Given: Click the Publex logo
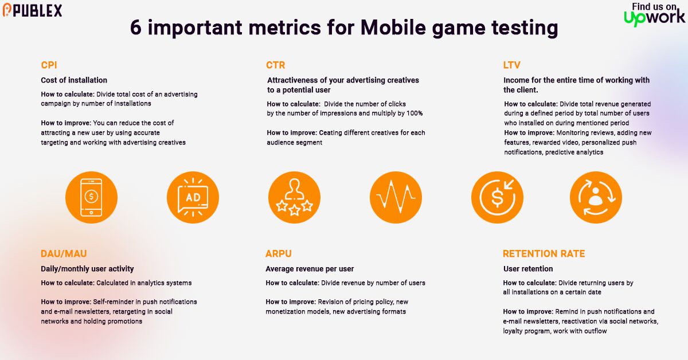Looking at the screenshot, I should (33, 10).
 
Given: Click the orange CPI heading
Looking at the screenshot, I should (49, 65).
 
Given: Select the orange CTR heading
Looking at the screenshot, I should (275, 65).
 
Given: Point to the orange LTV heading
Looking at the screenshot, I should (512, 65).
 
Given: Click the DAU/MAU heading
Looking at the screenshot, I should (64, 253).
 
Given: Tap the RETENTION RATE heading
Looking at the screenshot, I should (544, 253).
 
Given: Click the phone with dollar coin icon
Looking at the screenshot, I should (92, 197).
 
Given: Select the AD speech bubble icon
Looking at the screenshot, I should (193, 197).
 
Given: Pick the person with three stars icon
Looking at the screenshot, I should (294, 197).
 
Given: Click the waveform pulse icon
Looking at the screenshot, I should (396, 197).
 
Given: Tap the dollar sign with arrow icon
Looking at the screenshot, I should (497, 197).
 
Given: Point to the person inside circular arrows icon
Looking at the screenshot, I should (596, 197).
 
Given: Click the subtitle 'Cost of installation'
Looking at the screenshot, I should (74, 80).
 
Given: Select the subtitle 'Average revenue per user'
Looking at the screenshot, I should (310, 269).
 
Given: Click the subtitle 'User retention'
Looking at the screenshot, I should (528, 269).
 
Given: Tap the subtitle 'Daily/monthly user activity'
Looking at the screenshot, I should (87, 269).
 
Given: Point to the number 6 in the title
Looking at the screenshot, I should (135, 28).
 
